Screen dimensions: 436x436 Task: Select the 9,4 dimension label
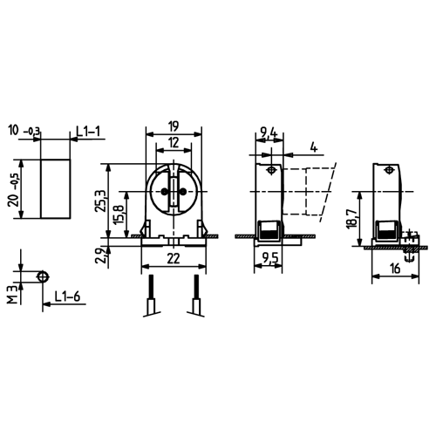coord(269,133)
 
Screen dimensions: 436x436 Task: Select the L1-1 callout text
coord(89,132)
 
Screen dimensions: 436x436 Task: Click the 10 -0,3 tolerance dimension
coord(25,132)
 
